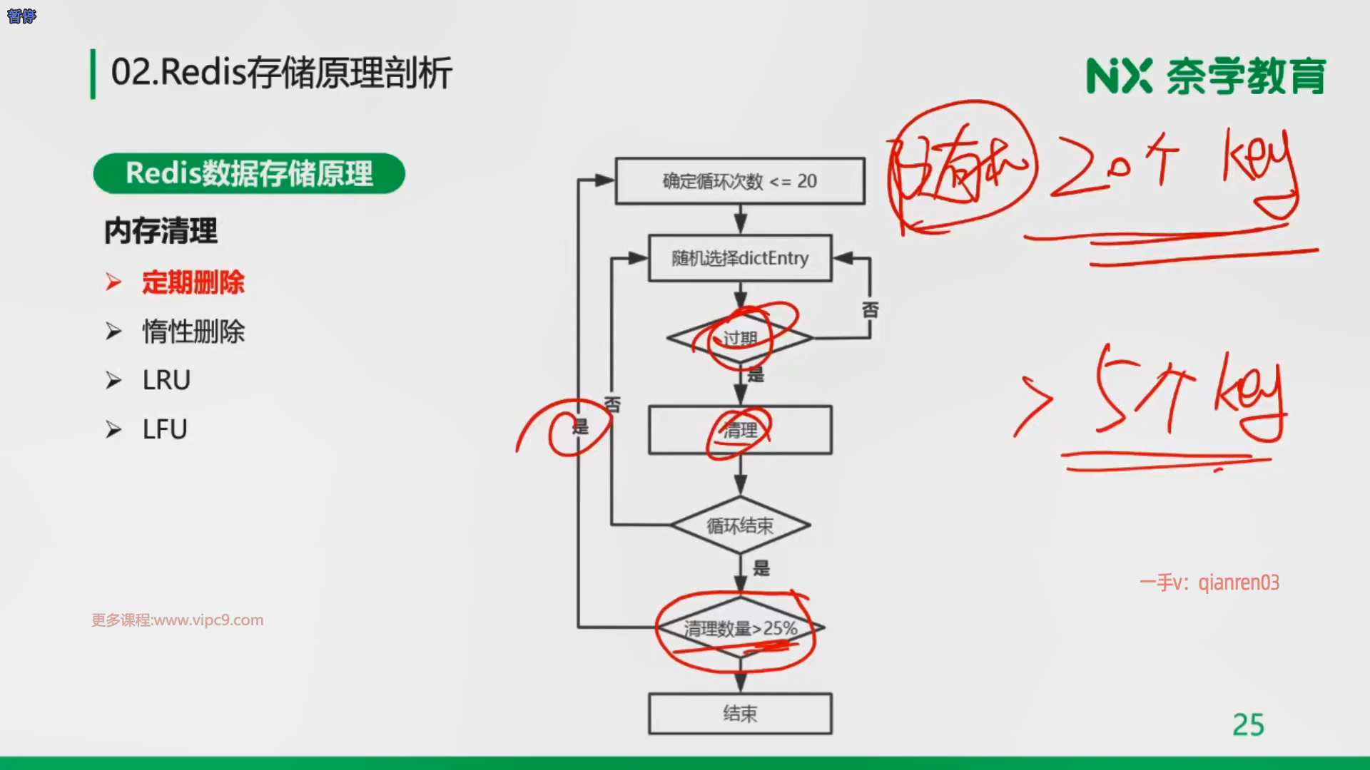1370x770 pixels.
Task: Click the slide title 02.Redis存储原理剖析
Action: pyautogui.click(x=281, y=73)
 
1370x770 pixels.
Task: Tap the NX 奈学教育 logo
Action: pyautogui.click(x=1205, y=76)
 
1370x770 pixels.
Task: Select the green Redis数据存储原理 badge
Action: pyautogui.click(x=249, y=173)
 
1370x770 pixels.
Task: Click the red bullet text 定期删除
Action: pyautogui.click(x=193, y=282)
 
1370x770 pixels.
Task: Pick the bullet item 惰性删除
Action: pyautogui.click(x=193, y=332)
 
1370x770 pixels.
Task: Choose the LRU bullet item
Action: pyautogui.click(x=166, y=380)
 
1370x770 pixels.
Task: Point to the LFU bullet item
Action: pyautogui.click(x=165, y=429)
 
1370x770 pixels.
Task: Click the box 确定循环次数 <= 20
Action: pyautogui.click(x=740, y=181)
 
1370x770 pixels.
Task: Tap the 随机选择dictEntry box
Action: pyautogui.click(x=740, y=258)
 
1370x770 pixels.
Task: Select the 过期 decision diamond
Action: pyautogui.click(x=740, y=338)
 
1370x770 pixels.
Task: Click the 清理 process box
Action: pyautogui.click(x=740, y=430)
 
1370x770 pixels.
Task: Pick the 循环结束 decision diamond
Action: pyautogui.click(x=740, y=525)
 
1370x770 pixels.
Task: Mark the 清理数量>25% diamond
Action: pyautogui.click(x=740, y=628)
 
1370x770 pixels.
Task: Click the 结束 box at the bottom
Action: pyautogui.click(x=740, y=714)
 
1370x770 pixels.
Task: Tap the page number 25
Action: pyautogui.click(x=1248, y=725)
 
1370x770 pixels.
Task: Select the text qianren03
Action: pyautogui.click(x=1239, y=582)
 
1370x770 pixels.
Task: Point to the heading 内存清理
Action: pyautogui.click(x=161, y=231)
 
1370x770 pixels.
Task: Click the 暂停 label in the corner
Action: pyautogui.click(x=21, y=16)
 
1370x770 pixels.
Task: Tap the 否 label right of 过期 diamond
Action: pyautogui.click(x=870, y=310)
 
